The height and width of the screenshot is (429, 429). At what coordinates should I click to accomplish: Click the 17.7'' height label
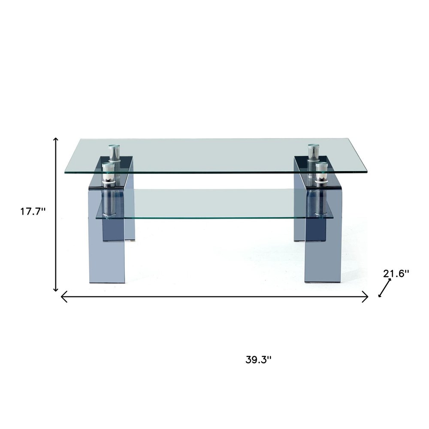click(x=33, y=211)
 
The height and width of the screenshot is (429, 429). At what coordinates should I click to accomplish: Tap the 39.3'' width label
click(x=258, y=359)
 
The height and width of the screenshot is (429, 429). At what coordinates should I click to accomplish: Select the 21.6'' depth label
click(x=396, y=273)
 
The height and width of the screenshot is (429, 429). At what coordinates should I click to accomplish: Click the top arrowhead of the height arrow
click(x=55, y=139)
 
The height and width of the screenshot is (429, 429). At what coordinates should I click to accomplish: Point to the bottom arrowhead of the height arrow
click(x=55, y=290)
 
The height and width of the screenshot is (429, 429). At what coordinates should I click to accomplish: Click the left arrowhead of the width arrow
click(x=63, y=296)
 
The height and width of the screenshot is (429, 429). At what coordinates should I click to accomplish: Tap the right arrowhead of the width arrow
click(x=366, y=296)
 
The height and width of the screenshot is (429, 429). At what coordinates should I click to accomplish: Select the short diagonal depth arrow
click(x=385, y=287)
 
